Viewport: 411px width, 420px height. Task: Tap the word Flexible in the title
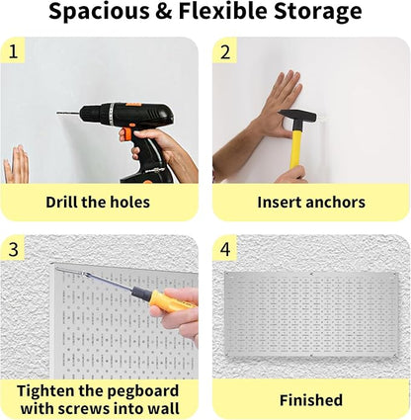coord(223,14)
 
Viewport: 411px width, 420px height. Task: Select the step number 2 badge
coord(226,52)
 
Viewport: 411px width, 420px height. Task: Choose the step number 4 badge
coord(226,249)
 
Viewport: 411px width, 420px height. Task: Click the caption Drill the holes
coord(98,203)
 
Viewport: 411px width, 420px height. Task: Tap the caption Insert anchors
coord(311,203)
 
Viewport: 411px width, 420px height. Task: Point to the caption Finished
coord(311,400)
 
